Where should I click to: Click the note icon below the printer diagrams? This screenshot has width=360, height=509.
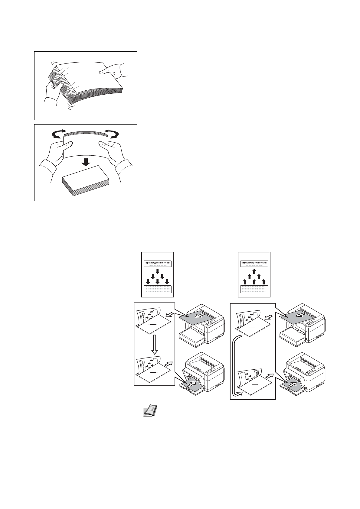[148, 411]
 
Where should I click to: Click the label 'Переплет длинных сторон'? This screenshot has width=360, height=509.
[157, 263]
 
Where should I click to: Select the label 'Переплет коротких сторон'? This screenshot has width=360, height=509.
[254, 263]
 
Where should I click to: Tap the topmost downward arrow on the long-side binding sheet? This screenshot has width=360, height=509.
[157, 271]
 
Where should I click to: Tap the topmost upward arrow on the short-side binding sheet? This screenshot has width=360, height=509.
[254, 271]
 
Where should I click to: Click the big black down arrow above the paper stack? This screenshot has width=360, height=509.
[86, 162]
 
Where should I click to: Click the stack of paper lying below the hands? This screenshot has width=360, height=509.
[86, 181]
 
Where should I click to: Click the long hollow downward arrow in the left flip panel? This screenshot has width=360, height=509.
[155, 344]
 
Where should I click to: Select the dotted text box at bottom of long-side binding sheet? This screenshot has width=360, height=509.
[157, 289]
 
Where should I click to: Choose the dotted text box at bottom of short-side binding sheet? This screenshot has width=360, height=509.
[254, 289]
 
